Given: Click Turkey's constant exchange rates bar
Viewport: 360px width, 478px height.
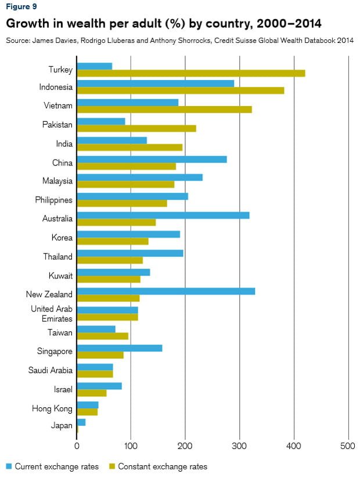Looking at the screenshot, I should click(190, 73).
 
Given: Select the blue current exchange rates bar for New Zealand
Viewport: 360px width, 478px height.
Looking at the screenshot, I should click(165, 291).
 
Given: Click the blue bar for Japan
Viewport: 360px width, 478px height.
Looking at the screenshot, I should click(81, 422).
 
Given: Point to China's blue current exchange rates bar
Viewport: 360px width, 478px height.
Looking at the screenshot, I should click(152, 159).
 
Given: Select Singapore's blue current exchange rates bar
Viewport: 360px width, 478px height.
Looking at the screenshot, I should click(119, 348).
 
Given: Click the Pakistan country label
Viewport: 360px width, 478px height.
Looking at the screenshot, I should click(57, 125).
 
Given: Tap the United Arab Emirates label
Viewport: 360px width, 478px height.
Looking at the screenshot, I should click(52, 314).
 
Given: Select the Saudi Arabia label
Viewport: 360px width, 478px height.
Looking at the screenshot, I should click(51, 370).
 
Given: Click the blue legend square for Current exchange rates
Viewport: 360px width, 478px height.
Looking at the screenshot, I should click(9, 466).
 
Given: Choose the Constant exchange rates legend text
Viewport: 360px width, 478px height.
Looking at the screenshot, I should click(163, 466).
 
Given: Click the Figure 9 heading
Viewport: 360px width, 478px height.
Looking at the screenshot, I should click(21, 7).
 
